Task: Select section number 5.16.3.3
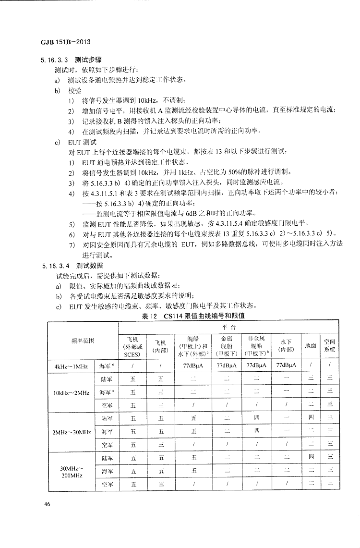point(50,61)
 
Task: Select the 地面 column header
point(311,345)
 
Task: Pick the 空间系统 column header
point(329,345)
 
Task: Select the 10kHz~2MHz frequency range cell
point(71,392)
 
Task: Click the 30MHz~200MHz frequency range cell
point(71,471)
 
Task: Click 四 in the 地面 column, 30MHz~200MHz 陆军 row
point(311,458)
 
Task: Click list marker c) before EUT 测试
point(58,142)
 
